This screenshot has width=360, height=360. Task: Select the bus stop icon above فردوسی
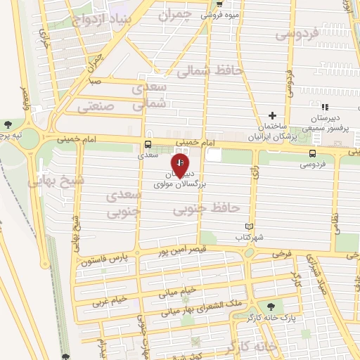click(x=312, y=153)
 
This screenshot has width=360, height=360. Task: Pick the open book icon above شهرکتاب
click(x=247, y=226)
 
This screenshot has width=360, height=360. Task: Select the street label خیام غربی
click(x=110, y=300)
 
